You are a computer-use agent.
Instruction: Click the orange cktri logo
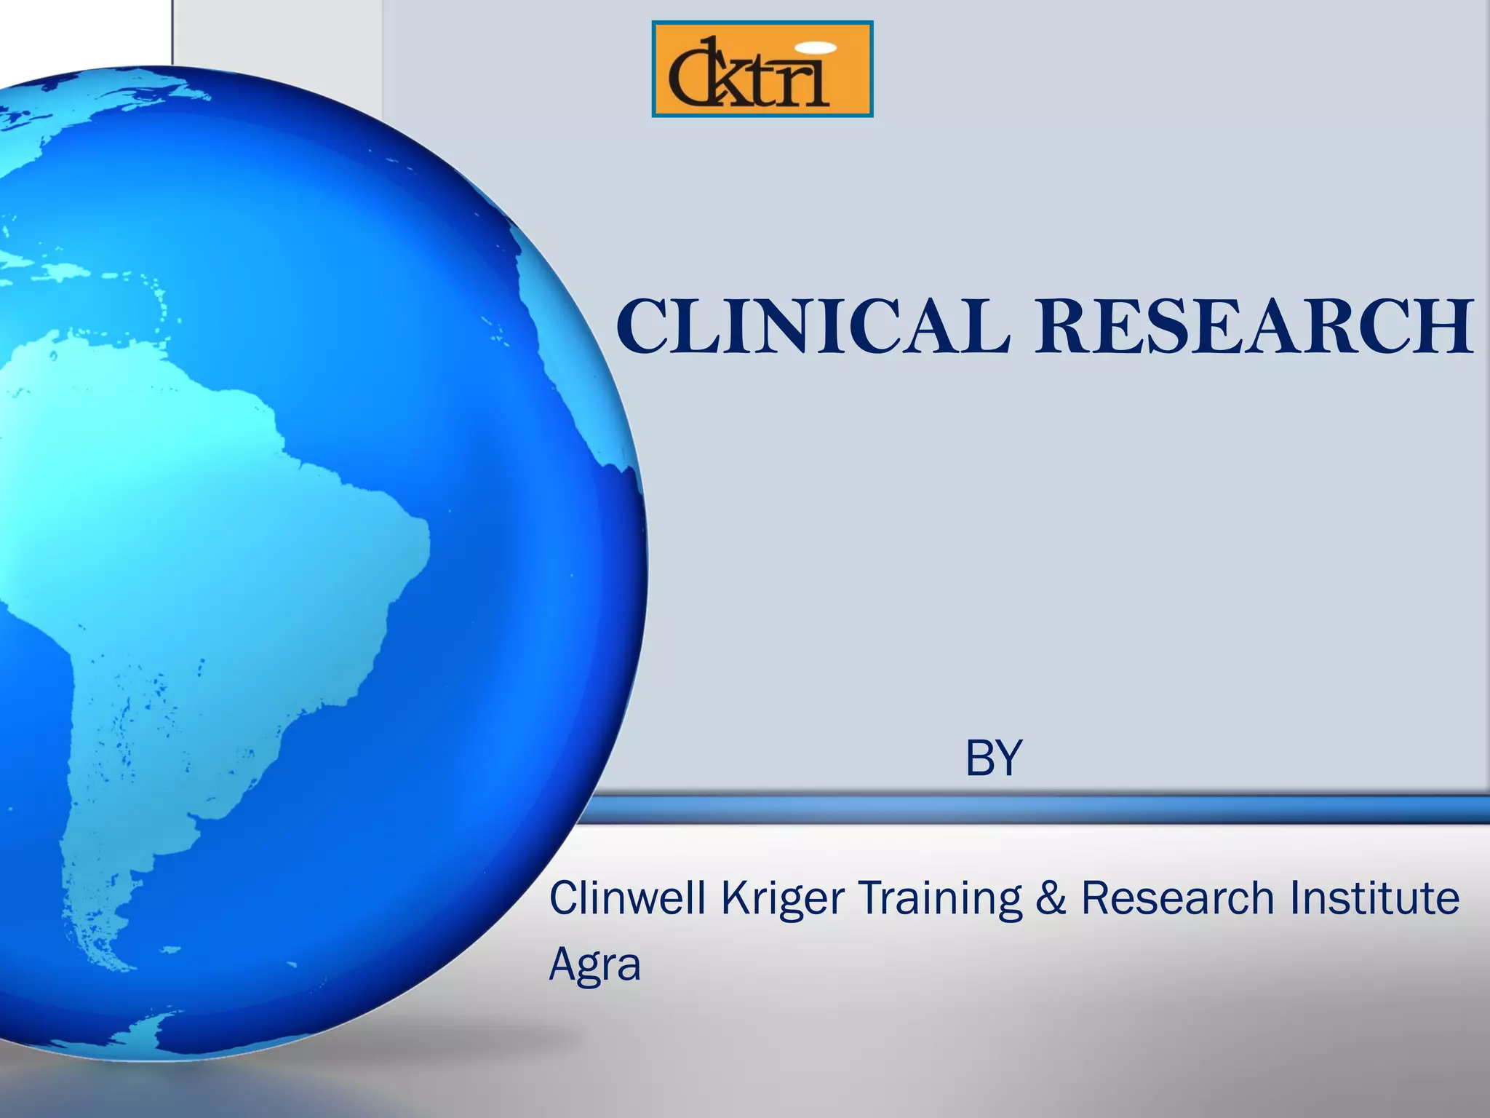click(x=762, y=69)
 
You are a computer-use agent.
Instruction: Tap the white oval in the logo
click(x=813, y=47)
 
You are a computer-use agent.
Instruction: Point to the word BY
click(x=994, y=758)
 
